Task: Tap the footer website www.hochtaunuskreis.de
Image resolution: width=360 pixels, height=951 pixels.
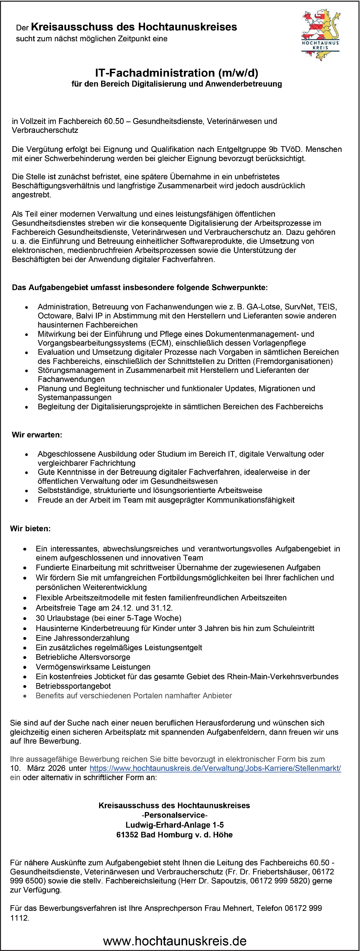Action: click(x=175, y=940)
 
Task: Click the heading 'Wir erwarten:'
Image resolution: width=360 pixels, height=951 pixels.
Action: click(x=37, y=434)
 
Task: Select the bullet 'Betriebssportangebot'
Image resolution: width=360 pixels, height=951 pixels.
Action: click(x=73, y=686)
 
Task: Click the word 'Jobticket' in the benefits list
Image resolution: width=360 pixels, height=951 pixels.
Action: click(x=111, y=676)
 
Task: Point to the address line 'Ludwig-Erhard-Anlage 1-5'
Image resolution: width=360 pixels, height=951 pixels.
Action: click(x=174, y=825)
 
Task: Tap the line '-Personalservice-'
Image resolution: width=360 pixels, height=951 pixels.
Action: click(x=174, y=815)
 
